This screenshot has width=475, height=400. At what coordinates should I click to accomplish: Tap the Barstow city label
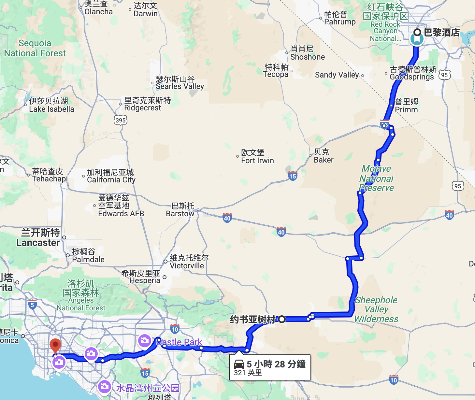coord(180,210)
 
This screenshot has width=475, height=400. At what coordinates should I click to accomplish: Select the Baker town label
coord(323,156)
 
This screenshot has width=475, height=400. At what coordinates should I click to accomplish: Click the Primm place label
coord(406,106)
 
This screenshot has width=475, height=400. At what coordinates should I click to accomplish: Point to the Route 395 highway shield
coord(121,120)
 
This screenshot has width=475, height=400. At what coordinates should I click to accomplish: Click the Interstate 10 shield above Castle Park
coord(175,329)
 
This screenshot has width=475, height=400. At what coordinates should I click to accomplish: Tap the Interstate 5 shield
coord(32,305)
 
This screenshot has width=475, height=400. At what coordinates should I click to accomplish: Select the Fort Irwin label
coord(257,157)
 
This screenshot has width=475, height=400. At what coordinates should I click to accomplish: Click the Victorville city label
coord(187,262)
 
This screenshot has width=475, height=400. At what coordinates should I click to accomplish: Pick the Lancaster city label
coord(38,238)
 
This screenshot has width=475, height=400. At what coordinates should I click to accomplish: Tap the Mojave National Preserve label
coord(376,178)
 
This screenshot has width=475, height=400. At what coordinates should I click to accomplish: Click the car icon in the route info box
coord(239,364)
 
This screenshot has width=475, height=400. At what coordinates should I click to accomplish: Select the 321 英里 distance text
coord(248,373)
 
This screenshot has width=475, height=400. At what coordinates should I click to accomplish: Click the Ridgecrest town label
coord(143,104)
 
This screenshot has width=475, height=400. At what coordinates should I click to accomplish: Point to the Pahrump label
coord(340,18)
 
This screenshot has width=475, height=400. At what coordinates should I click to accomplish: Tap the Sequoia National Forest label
coord(35,48)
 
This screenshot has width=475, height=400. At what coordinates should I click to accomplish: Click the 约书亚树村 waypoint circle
coord(282,319)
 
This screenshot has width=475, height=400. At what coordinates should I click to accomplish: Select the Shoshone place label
coord(307,53)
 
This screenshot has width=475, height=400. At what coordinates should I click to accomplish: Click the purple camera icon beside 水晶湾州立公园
coord(104,387)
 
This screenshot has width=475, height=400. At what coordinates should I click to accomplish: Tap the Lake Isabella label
coord(51,105)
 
